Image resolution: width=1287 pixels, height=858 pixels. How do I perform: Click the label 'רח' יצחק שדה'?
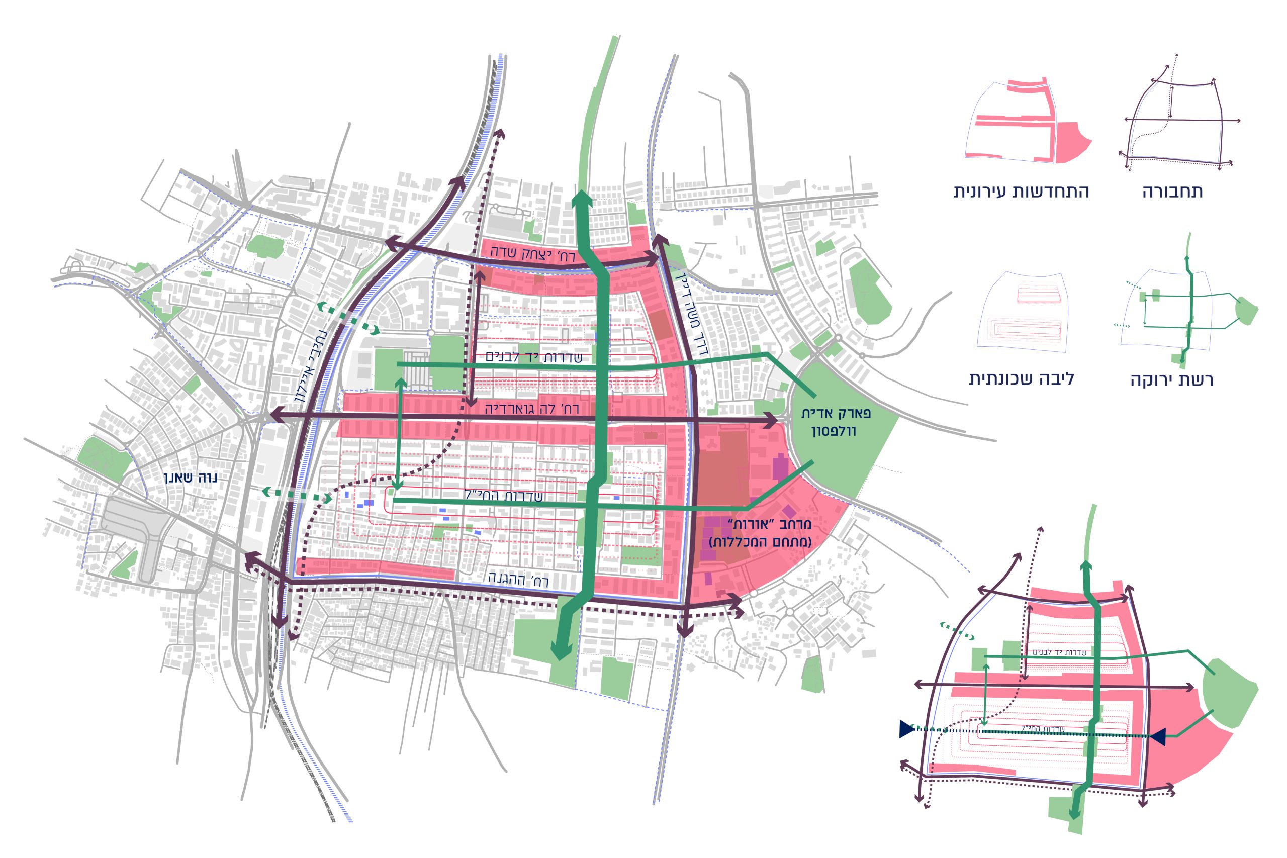[x=532, y=253]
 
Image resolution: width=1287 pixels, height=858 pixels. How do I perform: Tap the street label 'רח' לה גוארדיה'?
[x=531, y=409]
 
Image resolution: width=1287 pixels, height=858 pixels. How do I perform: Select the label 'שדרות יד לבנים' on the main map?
[x=533, y=357]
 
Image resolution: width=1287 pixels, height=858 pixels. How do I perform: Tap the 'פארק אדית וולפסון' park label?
[x=836, y=422]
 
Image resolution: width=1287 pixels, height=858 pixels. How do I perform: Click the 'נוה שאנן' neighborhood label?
[x=191, y=478]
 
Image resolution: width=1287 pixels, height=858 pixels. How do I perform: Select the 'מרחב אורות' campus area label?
[x=761, y=533]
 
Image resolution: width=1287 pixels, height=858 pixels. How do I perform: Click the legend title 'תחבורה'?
[x=1172, y=192]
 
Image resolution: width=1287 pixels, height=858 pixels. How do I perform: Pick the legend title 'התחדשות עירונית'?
[x=1021, y=192]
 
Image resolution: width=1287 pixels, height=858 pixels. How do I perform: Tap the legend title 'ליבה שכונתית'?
[x=1022, y=378]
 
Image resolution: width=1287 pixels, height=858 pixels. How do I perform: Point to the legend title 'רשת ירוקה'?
[x=1171, y=380]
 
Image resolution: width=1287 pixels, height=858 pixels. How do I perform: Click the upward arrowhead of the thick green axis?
[x=582, y=198]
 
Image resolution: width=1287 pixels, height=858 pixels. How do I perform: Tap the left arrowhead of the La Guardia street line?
[x=274, y=414]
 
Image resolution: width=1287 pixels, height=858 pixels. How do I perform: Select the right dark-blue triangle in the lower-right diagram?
[x=1157, y=736]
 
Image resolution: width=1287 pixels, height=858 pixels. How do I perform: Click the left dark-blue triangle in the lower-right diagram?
[x=906, y=729]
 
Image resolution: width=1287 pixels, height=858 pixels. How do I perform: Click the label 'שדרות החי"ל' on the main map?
[x=503, y=496]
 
